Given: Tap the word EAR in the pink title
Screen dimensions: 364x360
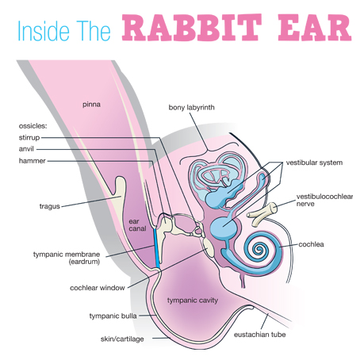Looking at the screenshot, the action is coord(315,28).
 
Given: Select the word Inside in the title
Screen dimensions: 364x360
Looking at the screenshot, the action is coord(44,31).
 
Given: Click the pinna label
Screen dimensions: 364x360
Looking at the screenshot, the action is coord(91,105).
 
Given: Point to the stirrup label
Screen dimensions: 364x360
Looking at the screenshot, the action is coord(29,137).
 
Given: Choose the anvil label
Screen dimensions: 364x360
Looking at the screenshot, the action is coord(26,149).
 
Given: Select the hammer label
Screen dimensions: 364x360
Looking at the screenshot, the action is coord(32,161).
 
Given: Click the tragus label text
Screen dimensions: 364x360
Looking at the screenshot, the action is coord(50,206).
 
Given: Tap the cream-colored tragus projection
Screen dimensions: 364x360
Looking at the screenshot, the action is coord(118,191).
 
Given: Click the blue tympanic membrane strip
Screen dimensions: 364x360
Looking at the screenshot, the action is coord(157,248).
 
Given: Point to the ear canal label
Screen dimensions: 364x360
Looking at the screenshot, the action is coord(137,225).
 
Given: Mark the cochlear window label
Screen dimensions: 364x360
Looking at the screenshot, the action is coord(97,288).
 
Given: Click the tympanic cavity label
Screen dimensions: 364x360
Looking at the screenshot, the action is coord(193,301).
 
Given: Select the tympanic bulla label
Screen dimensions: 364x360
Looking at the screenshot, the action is coord(113,316).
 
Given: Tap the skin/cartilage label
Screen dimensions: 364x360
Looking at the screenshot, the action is coord(122,339).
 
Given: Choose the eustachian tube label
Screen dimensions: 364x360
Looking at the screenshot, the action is coord(259,335).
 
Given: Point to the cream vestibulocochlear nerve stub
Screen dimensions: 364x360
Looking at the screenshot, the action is coord(262,213).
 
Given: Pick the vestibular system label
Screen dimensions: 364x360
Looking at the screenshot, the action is coord(314,163).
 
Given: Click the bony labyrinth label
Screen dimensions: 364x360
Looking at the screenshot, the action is coord(191,108).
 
